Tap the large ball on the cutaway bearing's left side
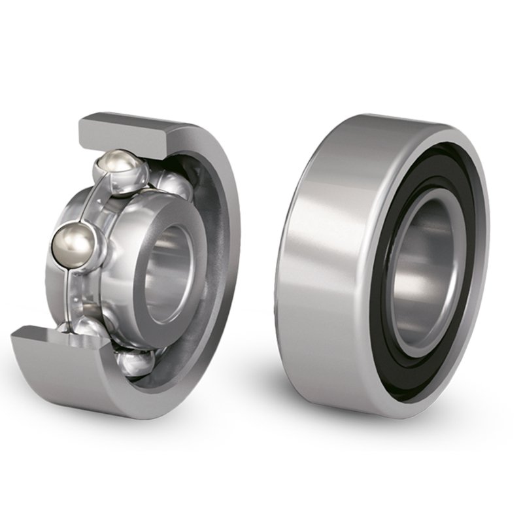point(74,245)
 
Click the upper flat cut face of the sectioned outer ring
point(124,127)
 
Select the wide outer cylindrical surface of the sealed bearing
point(327,261)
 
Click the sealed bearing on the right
point(386,261)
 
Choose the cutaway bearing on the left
point(131,261)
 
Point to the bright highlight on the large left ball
point(68,239)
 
